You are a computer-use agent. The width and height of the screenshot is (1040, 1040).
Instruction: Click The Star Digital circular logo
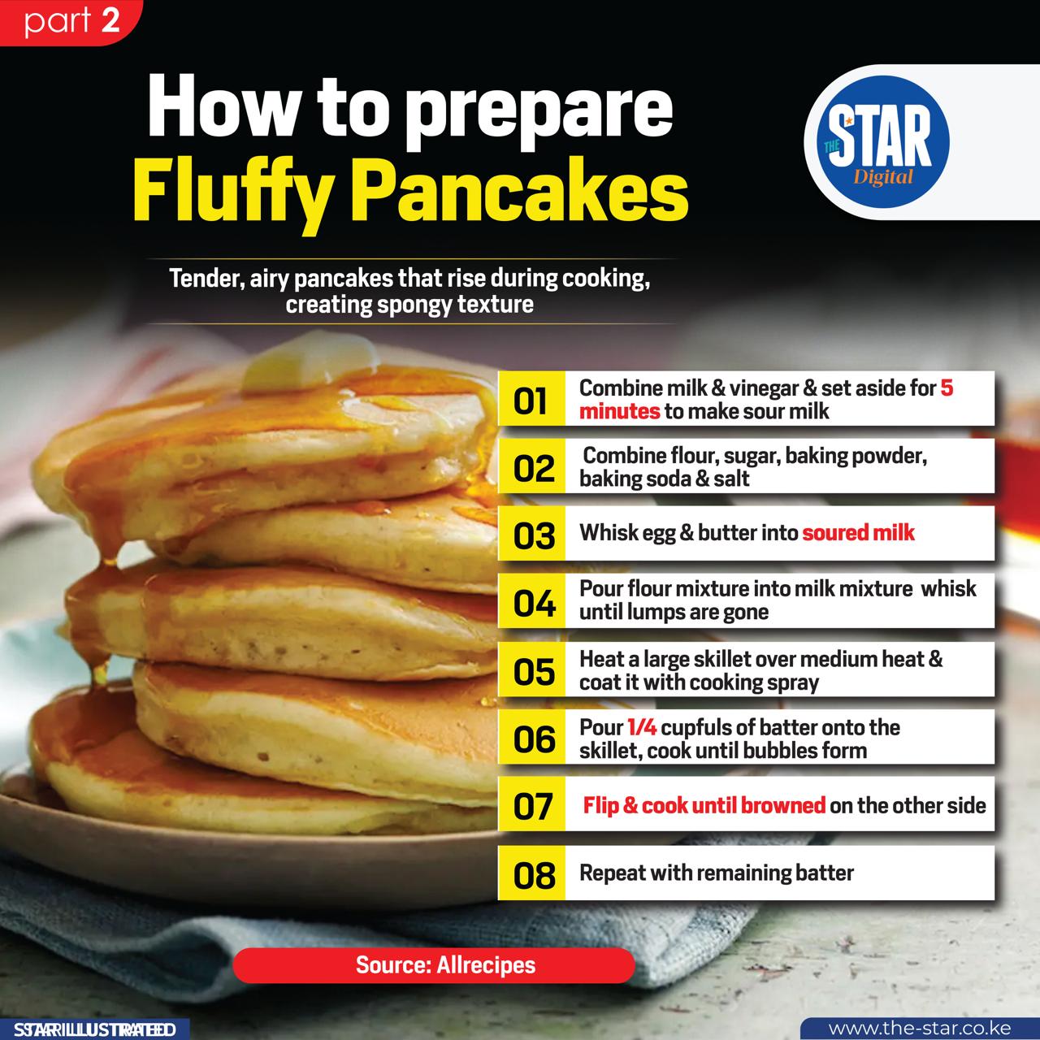tap(883, 142)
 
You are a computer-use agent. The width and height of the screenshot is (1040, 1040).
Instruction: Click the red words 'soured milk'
tap(858, 533)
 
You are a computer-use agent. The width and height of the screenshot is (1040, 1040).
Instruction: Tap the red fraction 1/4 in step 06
tap(642, 727)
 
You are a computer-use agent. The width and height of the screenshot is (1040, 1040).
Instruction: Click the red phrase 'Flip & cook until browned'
tap(704, 805)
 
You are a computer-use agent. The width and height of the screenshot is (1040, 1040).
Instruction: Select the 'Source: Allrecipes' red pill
tap(434, 965)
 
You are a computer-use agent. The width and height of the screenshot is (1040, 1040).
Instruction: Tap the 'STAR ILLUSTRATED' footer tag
tap(94, 1029)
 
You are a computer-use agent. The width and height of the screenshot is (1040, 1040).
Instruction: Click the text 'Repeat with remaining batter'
tap(717, 873)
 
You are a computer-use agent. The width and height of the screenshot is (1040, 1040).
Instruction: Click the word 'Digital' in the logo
tap(883, 177)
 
